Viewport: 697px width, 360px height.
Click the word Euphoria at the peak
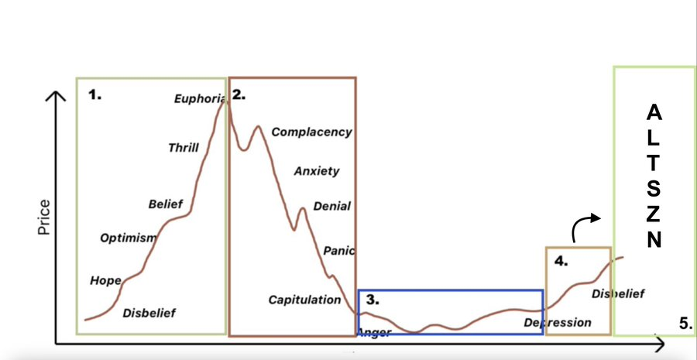(x=199, y=98)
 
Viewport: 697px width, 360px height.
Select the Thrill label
(x=184, y=148)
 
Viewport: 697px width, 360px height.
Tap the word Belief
(x=166, y=204)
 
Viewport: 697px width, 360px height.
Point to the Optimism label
(x=128, y=238)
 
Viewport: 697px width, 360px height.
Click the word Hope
(x=105, y=280)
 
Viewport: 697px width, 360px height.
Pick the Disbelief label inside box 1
(x=149, y=313)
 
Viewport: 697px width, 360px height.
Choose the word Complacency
(x=311, y=132)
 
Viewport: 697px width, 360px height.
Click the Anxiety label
(x=317, y=171)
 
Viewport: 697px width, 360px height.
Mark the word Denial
(x=331, y=207)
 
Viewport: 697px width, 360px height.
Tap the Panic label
(x=338, y=251)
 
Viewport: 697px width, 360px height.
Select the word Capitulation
(x=304, y=300)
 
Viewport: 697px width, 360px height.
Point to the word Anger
(x=375, y=333)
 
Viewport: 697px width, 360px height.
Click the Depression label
(x=558, y=322)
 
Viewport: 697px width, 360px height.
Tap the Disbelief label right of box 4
(x=618, y=293)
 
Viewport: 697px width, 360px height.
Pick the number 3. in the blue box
(x=373, y=299)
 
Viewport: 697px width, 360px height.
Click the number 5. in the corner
(x=685, y=324)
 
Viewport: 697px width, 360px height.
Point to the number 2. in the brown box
(x=239, y=94)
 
